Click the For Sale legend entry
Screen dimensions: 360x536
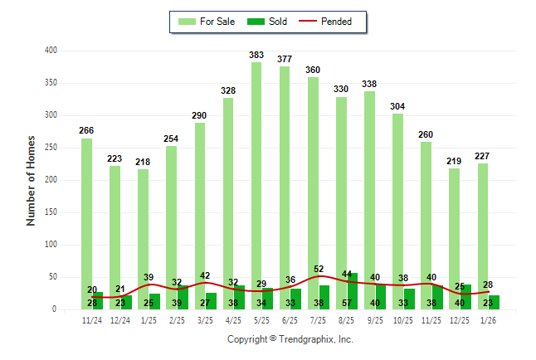(210, 22)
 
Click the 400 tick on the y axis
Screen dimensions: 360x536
(51, 51)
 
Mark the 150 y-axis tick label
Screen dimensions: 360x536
(51, 212)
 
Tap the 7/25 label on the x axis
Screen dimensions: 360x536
(319, 319)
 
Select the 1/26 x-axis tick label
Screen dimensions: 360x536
(489, 319)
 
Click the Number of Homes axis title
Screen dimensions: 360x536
(31, 180)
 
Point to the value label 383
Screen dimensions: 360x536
(256, 56)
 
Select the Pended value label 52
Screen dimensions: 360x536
(319, 269)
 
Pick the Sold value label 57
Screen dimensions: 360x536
(347, 304)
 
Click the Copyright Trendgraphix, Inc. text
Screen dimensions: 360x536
(290, 339)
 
